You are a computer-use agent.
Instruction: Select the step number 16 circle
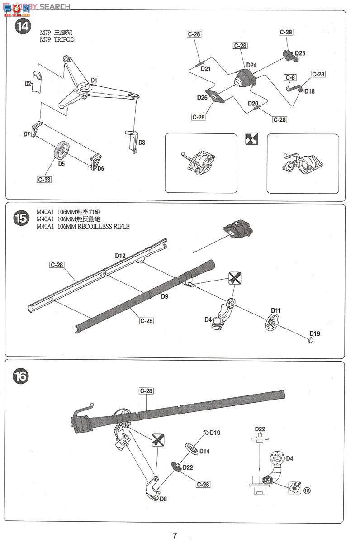point(21,376)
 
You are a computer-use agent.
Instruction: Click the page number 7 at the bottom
point(175,536)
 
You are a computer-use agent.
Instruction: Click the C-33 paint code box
point(44,180)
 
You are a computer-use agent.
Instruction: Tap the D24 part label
point(251,65)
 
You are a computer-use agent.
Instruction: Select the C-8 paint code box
point(290,77)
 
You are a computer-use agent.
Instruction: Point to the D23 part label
point(300,53)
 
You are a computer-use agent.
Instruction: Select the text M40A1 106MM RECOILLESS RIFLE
point(84,227)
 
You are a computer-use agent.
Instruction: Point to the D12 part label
point(120,256)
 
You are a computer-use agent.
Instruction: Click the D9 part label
point(164,297)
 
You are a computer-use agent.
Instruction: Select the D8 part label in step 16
point(163,499)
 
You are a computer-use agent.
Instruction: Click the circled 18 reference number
point(308,491)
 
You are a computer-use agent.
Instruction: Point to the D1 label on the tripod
point(94,80)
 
